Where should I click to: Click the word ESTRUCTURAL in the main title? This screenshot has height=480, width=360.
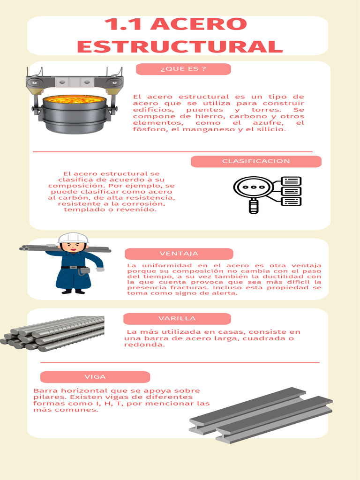coord(180,46)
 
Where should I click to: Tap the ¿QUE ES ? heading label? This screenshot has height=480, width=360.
coord(183,69)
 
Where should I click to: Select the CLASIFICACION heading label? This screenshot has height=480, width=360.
coord(256,161)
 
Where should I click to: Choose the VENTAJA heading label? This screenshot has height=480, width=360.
coord(179,254)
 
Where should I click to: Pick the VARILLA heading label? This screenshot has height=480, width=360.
coord(177,319)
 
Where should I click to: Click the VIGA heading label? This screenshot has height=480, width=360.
coord(95,377)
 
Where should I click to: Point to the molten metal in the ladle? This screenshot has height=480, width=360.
coord(75,99)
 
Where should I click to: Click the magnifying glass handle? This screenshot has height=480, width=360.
coord(253,206)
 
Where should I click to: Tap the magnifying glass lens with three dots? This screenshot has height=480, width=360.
coord(254,187)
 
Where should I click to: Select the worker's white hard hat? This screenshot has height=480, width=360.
coord(73,238)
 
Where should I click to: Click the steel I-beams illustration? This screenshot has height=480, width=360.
coord(261,415)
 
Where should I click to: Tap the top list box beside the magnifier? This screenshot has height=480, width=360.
coord(291,181)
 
